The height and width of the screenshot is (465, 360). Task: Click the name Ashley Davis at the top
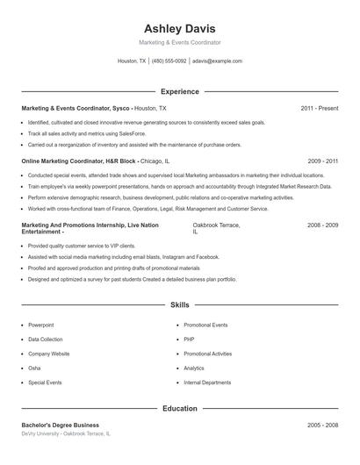point(179,28)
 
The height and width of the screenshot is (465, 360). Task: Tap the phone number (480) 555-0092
point(169,61)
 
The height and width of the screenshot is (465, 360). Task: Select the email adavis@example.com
point(218,61)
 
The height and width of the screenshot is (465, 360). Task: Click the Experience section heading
point(179,91)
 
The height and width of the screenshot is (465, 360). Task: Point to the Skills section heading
point(179,305)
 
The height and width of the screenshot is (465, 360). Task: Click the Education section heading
point(179,408)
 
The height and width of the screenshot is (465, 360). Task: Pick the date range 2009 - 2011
point(323,161)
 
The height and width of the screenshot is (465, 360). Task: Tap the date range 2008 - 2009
point(322,225)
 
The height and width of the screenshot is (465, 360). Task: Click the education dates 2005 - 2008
point(322,426)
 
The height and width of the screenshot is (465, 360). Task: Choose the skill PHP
point(189,339)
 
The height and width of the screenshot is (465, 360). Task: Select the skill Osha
point(34,368)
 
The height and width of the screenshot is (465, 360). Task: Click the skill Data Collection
point(46,339)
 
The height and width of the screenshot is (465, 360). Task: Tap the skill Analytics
point(194,368)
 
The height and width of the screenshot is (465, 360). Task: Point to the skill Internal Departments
point(207,383)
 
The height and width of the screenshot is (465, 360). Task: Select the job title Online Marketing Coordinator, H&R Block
point(78,161)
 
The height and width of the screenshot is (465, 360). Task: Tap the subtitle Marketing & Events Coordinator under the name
point(179,42)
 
